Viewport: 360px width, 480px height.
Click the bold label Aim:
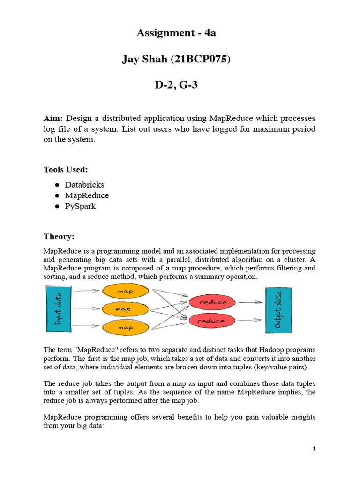(53, 118)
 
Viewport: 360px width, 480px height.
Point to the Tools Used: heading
(66, 169)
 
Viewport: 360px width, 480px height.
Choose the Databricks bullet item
(84, 185)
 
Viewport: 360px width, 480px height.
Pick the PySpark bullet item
(80, 206)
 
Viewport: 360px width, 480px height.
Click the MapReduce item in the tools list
(87, 195)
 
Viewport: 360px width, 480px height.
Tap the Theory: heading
(59, 236)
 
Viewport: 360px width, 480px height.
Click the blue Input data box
(58, 308)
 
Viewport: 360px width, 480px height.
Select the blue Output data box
(278, 309)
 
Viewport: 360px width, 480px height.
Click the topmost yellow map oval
(126, 292)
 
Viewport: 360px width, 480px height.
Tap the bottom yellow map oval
(126, 327)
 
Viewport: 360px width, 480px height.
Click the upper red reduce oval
(213, 302)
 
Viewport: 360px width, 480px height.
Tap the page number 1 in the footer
(314, 449)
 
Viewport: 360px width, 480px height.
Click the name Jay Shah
(143, 60)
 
